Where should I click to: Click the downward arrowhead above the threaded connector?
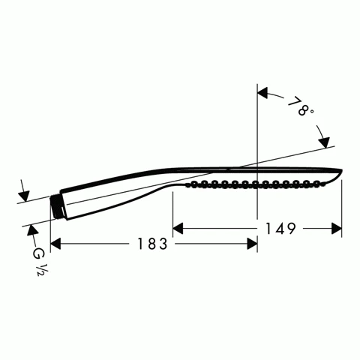pyautogui.click(x=24, y=195)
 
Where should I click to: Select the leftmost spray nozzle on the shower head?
pyautogui.click(x=193, y=184)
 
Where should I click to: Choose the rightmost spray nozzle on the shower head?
pyautogui.click(x=324, y=184)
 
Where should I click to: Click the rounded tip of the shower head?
pyautogui.click(x=340, y=173)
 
